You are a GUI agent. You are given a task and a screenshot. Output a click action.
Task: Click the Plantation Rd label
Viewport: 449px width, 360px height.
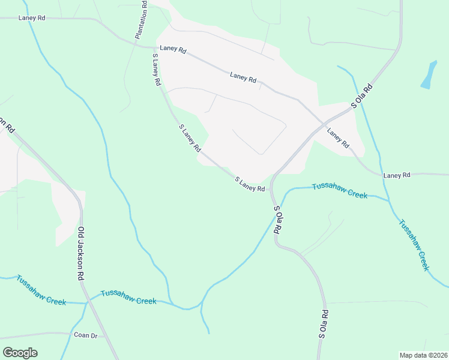point(142,20)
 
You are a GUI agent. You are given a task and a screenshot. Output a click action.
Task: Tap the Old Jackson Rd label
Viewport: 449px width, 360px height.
point(80,254)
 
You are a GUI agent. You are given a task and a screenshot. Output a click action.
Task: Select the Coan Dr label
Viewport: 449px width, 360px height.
point(85,335)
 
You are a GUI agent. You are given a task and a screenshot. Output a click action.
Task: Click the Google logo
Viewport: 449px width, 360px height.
point(20,353)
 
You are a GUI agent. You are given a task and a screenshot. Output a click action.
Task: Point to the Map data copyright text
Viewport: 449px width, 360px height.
point(424,355)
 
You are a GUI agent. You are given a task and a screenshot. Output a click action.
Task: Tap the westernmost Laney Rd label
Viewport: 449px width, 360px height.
point(32,18)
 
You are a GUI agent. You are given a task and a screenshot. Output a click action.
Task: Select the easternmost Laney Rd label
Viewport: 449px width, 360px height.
point(396,175)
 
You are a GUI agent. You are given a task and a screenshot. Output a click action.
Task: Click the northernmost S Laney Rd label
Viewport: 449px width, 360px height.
point(156,69)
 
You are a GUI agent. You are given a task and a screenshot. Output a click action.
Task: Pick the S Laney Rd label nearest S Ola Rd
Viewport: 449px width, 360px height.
point(249,184)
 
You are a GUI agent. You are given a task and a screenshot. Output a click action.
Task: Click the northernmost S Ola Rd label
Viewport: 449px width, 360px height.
point(362,96)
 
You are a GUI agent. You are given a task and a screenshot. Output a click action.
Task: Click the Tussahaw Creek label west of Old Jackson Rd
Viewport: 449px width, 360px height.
point(41,290)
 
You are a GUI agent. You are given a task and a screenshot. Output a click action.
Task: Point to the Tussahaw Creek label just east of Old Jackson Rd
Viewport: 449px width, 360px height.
point(128,297)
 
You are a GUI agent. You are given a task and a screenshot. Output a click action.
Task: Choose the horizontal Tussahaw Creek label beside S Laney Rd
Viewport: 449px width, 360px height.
point(339,191)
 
